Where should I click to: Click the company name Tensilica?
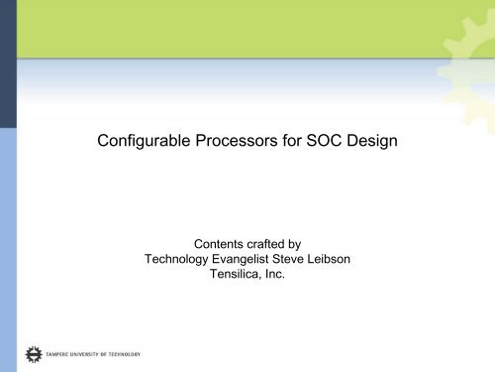point(241,276)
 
